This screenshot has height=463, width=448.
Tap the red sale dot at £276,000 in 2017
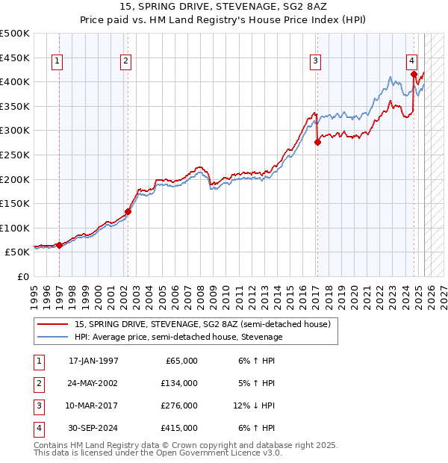[317, 143]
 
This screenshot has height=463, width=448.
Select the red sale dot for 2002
[128, 211]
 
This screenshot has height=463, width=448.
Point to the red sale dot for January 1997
[60, 245]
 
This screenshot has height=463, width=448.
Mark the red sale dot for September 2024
[414, 74]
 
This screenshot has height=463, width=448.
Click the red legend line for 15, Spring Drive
[53, 324]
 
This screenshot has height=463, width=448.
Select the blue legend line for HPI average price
[53, 337]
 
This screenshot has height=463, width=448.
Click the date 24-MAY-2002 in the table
[93, 383]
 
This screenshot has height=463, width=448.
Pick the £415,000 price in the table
[180, 428]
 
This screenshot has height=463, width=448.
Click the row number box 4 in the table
[38, 428]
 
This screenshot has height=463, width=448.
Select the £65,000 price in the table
[182, 361]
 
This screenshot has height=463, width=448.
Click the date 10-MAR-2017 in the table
[93, 405]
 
